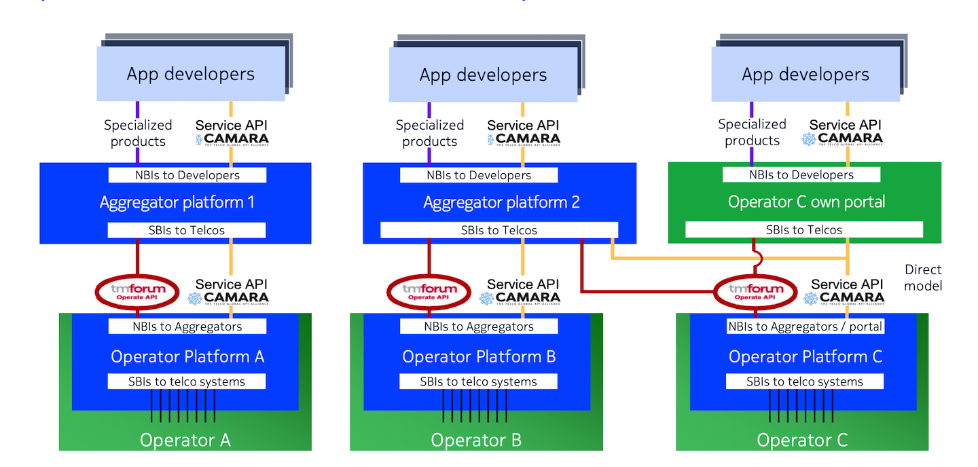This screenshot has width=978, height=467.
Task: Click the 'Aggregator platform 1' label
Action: point(177,202)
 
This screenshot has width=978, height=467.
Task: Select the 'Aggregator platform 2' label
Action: point(501,202)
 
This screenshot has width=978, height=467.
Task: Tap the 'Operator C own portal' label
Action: point(806,202)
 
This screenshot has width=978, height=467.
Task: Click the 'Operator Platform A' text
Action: point(187,356)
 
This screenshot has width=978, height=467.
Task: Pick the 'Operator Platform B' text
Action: point(479,356)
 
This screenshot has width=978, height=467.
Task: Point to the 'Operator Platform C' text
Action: point(805,356)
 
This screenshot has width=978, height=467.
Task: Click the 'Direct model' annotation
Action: point(923,277)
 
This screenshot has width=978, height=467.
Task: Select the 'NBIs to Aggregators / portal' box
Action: point(805,326)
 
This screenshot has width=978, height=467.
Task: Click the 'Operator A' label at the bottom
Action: point(185,440)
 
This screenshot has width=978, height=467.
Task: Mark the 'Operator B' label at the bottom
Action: point(476,440)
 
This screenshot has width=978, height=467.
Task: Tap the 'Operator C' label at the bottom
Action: point(802,440)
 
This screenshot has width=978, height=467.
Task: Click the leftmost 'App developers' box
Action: point(190,74)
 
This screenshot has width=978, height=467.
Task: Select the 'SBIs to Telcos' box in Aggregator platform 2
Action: point(499,230)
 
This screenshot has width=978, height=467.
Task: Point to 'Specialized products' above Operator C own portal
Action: point(752,132)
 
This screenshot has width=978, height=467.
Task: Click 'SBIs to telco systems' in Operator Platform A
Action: point(187,381)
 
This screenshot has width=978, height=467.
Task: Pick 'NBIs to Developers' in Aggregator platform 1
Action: point(187,175)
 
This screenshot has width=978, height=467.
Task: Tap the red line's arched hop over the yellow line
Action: point(756,258)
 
